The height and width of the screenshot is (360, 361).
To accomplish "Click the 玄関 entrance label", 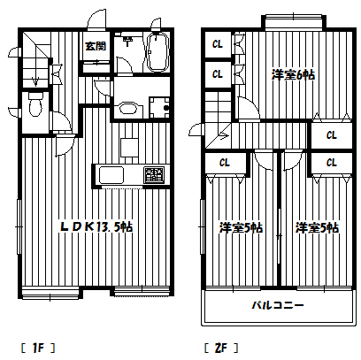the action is click(x=96, y=46).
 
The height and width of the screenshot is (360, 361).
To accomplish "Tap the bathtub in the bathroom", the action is click(x=157, y=52).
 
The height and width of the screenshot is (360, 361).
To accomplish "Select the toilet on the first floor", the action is click(x=35, y=104).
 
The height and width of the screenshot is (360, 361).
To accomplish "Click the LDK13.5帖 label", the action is click(x=96, y=226).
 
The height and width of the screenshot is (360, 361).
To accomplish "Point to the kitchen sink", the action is click(x=111, y=175).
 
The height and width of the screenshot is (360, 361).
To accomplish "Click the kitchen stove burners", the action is click(x=154, y=174).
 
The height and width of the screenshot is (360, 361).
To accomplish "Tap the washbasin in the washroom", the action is click(x=128, y=109).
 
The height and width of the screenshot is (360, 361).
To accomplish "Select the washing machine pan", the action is click(x=159, y=107).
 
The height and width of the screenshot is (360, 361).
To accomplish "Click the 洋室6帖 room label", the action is click(x=293, y=75).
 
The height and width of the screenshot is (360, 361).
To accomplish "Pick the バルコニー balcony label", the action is click(x=278, y=305).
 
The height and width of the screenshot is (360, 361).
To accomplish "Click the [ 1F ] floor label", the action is click(x=38, y=349).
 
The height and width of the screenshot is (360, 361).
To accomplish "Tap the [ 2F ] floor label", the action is click(x=221, y=349).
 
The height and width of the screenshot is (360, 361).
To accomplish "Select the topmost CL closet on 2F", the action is click(x=218, y=44).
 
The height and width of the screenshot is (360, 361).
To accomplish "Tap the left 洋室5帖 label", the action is click(x=241, y=228).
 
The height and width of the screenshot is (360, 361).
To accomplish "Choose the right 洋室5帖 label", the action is click(x=317, y=228).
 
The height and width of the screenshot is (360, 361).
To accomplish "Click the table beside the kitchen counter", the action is click(x=129, y=148).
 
